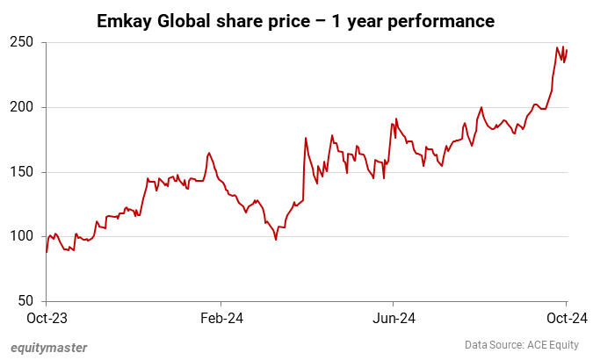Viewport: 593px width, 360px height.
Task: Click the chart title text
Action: (295, 19)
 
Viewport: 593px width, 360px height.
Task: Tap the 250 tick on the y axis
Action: (24, 42)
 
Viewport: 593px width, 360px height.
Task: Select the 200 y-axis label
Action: (24, 107)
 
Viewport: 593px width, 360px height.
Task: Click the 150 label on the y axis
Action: (24, 172)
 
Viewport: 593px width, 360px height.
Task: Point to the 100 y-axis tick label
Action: (24, 236)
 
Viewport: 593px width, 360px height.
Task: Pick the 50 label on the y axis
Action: (27, 301)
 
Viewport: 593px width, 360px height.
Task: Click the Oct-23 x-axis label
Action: (44, 318)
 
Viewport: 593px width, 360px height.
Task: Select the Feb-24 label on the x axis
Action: (221, 318)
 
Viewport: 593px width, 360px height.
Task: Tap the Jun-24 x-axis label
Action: (393, 318)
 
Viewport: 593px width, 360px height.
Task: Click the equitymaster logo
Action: (49, 347)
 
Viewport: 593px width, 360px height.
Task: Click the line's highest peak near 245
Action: (558, 47)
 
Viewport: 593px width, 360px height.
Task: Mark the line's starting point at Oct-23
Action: (47, 252)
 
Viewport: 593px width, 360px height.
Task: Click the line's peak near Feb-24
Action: (208, 153)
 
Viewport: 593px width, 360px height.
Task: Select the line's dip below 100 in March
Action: (276, 240)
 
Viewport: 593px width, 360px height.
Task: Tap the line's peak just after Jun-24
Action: (396, 119)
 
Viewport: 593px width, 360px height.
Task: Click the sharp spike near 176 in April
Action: (305, 138)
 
